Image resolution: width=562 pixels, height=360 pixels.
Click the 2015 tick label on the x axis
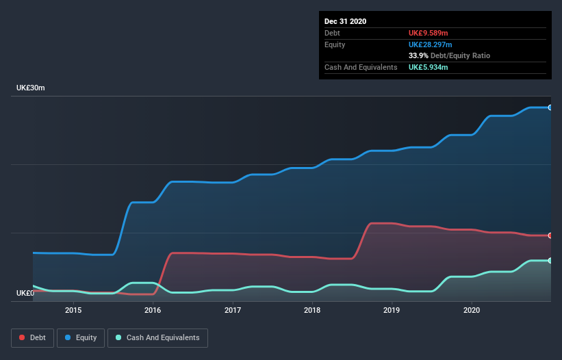pyautogui.click(x=73, y=310)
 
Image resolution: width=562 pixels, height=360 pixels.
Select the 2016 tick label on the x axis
pyautogui.click(x=153, y=310)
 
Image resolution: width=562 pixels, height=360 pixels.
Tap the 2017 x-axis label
pyautogui.click(x=233, y=310)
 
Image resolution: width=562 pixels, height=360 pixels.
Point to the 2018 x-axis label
pyautogui.click(x=312, y=310)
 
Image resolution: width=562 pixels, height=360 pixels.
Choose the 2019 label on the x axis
pyautogui.click(x=392, y=310)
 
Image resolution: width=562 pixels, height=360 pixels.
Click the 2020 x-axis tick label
pyautogui.click(x=472, y=310)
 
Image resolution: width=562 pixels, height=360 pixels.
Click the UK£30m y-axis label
pyautogui.click(x=31, y=88)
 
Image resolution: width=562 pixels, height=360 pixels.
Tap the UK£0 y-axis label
pyautogui.click(x=26, y=293)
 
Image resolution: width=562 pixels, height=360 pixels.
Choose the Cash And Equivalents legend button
pyautogui.click(x=157, y=337)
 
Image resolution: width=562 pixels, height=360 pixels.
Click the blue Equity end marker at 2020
pyautogui.click(x=550, y=107)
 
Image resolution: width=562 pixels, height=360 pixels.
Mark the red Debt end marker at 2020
pyautogui.click(x=550, y=235)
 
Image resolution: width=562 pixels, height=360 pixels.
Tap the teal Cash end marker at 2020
pyautogui.click(x=550, y=261)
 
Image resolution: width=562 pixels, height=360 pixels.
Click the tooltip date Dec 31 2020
pyautogui.click(x=345, y=21)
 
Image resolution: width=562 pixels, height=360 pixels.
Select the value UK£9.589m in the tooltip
pyautogui.click(x=429, y=33)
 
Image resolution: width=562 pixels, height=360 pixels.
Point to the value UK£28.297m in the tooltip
pyautogui.click(x=431, y=44)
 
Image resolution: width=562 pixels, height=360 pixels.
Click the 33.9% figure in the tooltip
pyautogui.click(x=418, y=55)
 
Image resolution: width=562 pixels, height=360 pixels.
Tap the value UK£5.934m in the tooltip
pyautogui.click(x=429, y=67)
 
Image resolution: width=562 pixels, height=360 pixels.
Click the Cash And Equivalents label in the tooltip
pyautogui.click(x=361, y=67)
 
